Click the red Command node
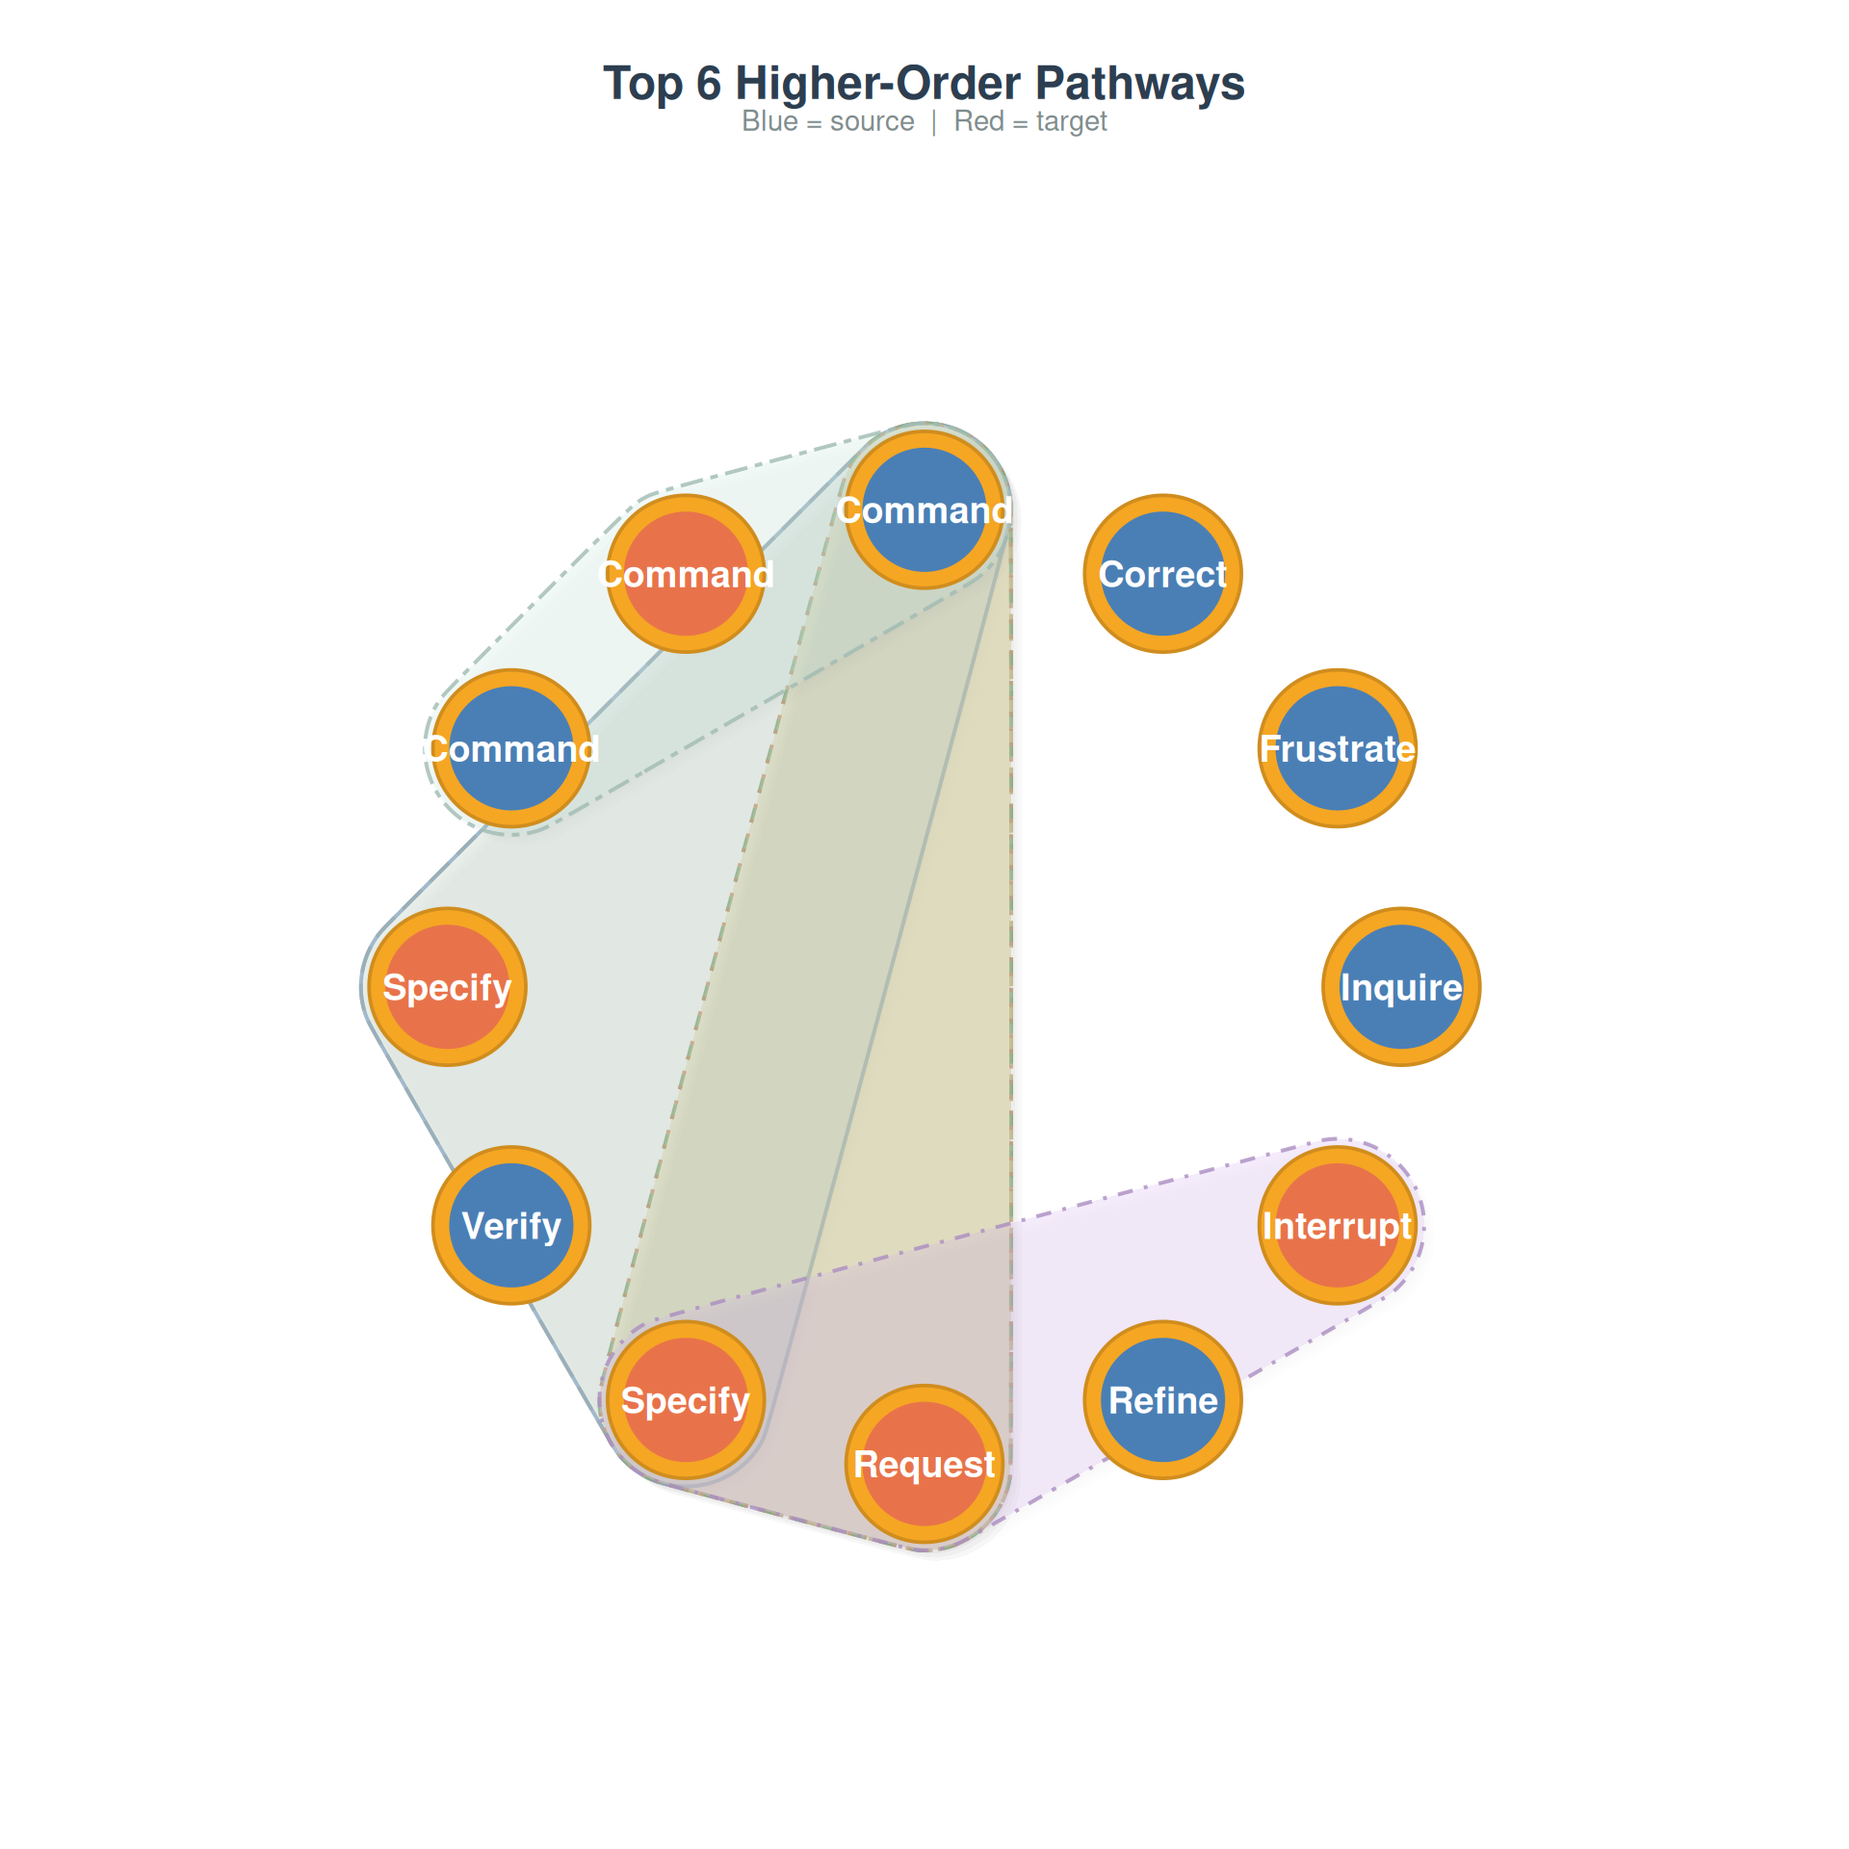tap(686, 574)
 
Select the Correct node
tap(1162, 574)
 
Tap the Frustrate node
tap(1338, 748)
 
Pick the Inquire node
tap(1401, 987)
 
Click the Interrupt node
tap(1338, 1225)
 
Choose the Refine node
tap(1162, 1400)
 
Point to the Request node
tap(924, 1464)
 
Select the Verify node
tap(511, 1225)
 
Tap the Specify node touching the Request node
tap(686, 1400)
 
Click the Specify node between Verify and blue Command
tap(448, 987)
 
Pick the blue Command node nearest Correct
tap(924, 509)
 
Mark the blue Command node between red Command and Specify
tap(511, 748)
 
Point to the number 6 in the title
tap(709, 84)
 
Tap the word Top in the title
tap(642, 84)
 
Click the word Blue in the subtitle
tap(769, 122)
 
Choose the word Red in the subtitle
tap(978, 122)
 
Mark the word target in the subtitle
tap(1071, 122)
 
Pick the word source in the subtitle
tap(872, 122)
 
